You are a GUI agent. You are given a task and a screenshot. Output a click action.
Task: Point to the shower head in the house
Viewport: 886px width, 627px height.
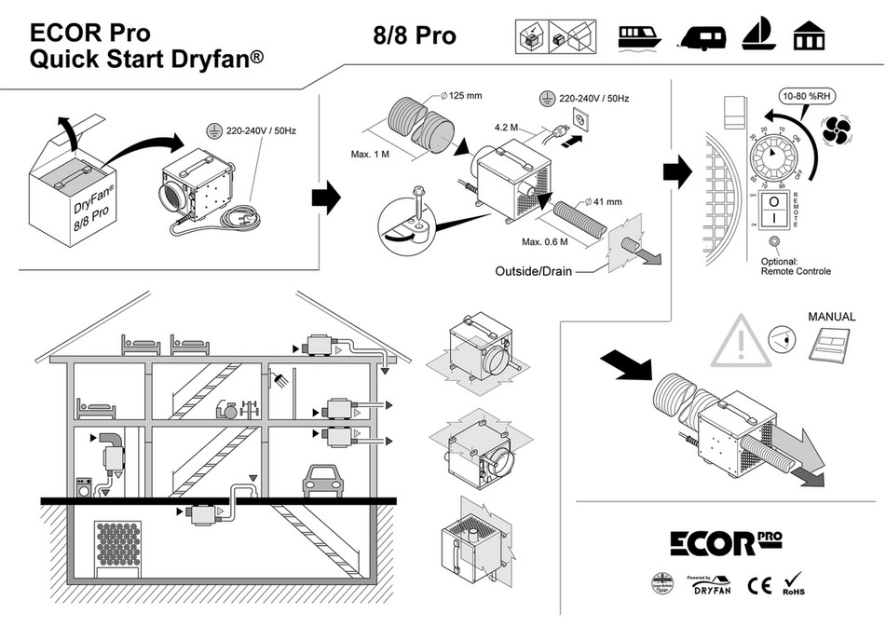point(277,378)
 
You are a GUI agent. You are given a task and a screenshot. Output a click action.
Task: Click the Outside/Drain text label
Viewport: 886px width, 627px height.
point(532,272)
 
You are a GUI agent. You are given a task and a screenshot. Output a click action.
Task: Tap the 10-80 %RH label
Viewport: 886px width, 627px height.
point(808,96)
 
